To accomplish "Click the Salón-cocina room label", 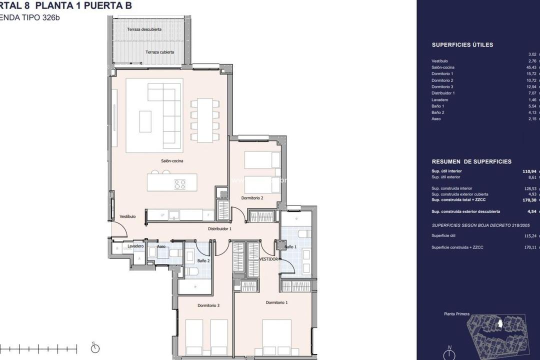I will click(172, 161).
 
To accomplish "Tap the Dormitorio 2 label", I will click(252, 198).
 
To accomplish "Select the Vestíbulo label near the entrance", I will click(128, 216).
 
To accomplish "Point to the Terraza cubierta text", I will click(159, 52).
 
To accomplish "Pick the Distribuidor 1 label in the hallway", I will click(219, 228).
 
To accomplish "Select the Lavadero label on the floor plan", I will click(135, 246).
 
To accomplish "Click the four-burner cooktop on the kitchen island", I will click(179, 184).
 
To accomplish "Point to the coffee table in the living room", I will click(145, 121).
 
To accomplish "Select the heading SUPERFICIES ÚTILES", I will click(462, 45).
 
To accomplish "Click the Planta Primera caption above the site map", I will click(456, 314).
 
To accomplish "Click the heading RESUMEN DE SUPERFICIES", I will click(471, 162).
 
